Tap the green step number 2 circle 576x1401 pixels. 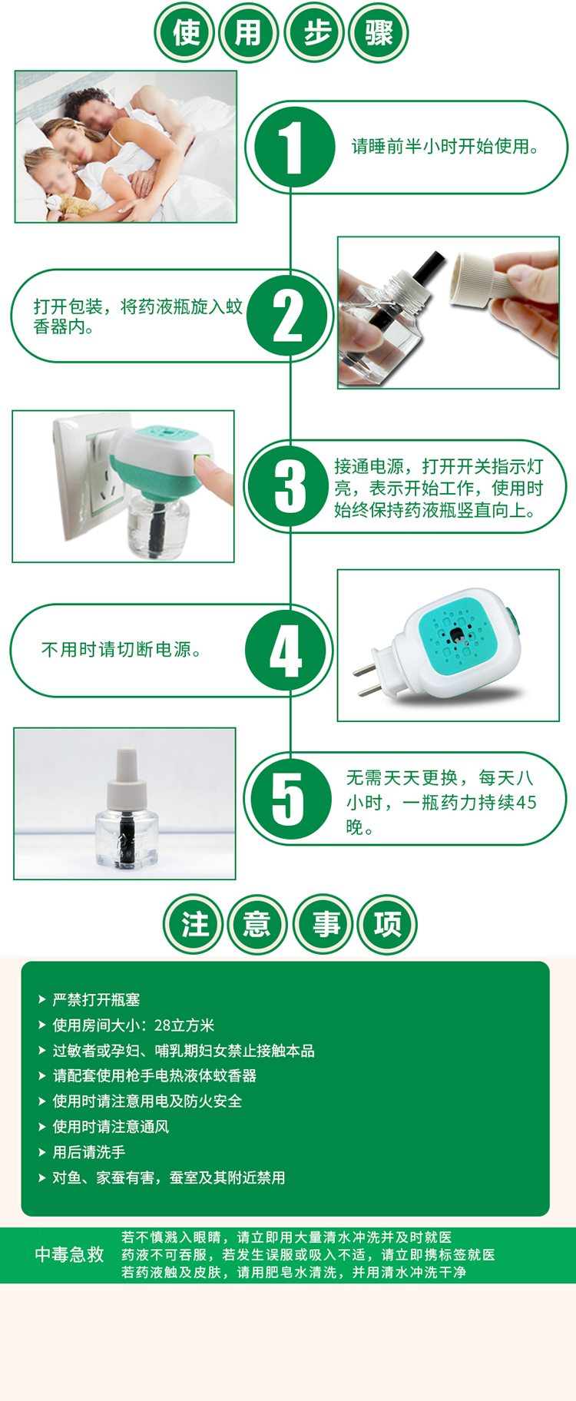click(289, 315)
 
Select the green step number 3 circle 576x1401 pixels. click(290, 486)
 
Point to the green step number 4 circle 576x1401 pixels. click(286, 651)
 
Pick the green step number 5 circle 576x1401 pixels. click(289, 799)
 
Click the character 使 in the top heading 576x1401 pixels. click(186, 33)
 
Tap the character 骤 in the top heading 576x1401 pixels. click(379, 33)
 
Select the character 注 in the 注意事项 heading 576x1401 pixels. click(194, 923)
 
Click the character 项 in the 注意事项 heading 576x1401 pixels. click(388, 923)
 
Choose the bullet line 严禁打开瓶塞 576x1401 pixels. click(95, 999)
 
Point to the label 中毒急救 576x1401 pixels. click(69, 1254)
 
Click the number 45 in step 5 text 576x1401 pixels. click(526, 803)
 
